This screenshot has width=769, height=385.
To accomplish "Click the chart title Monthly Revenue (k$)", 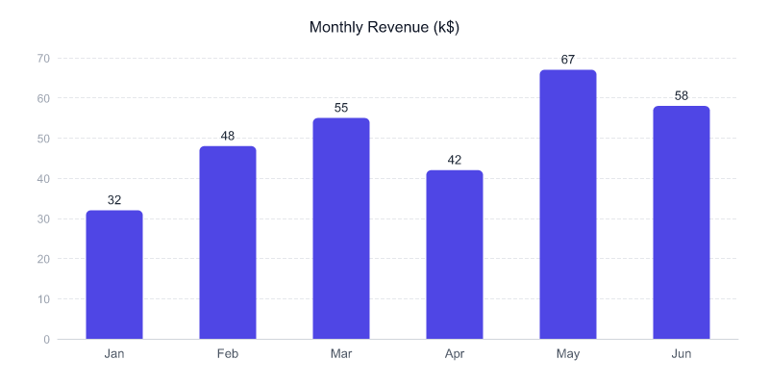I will click(384, 27).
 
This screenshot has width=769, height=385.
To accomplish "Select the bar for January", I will click(114, 275).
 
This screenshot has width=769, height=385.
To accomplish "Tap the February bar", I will click(228, 243).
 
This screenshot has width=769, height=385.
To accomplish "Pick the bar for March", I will click(341, 229).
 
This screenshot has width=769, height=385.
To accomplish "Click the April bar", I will click(455, 255).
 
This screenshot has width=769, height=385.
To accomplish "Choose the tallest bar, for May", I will click(568, 205).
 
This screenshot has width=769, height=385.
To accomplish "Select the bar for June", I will click(682, 223).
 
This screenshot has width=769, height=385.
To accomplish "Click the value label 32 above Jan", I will click(114, 200).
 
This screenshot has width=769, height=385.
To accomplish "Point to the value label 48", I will click(228, 136).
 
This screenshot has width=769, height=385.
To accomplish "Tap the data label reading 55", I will click(341, 108).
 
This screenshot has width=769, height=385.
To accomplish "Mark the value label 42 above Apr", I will click(455, 160).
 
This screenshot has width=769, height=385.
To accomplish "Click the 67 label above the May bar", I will click(568, 60).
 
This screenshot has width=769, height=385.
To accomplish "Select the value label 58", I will click(682, 95).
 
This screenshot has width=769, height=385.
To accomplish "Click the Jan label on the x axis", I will click(114, 354).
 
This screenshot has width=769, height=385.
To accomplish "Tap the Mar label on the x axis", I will click(341, 354).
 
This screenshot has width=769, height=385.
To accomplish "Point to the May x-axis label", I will click(568, 354).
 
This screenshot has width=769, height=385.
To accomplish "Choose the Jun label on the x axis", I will click(682, 354).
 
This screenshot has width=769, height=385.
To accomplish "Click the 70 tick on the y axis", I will click(43, 59).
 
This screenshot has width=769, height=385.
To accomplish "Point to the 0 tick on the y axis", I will click(46, 340).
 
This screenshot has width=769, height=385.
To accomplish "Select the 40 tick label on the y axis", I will click(43, 179).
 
